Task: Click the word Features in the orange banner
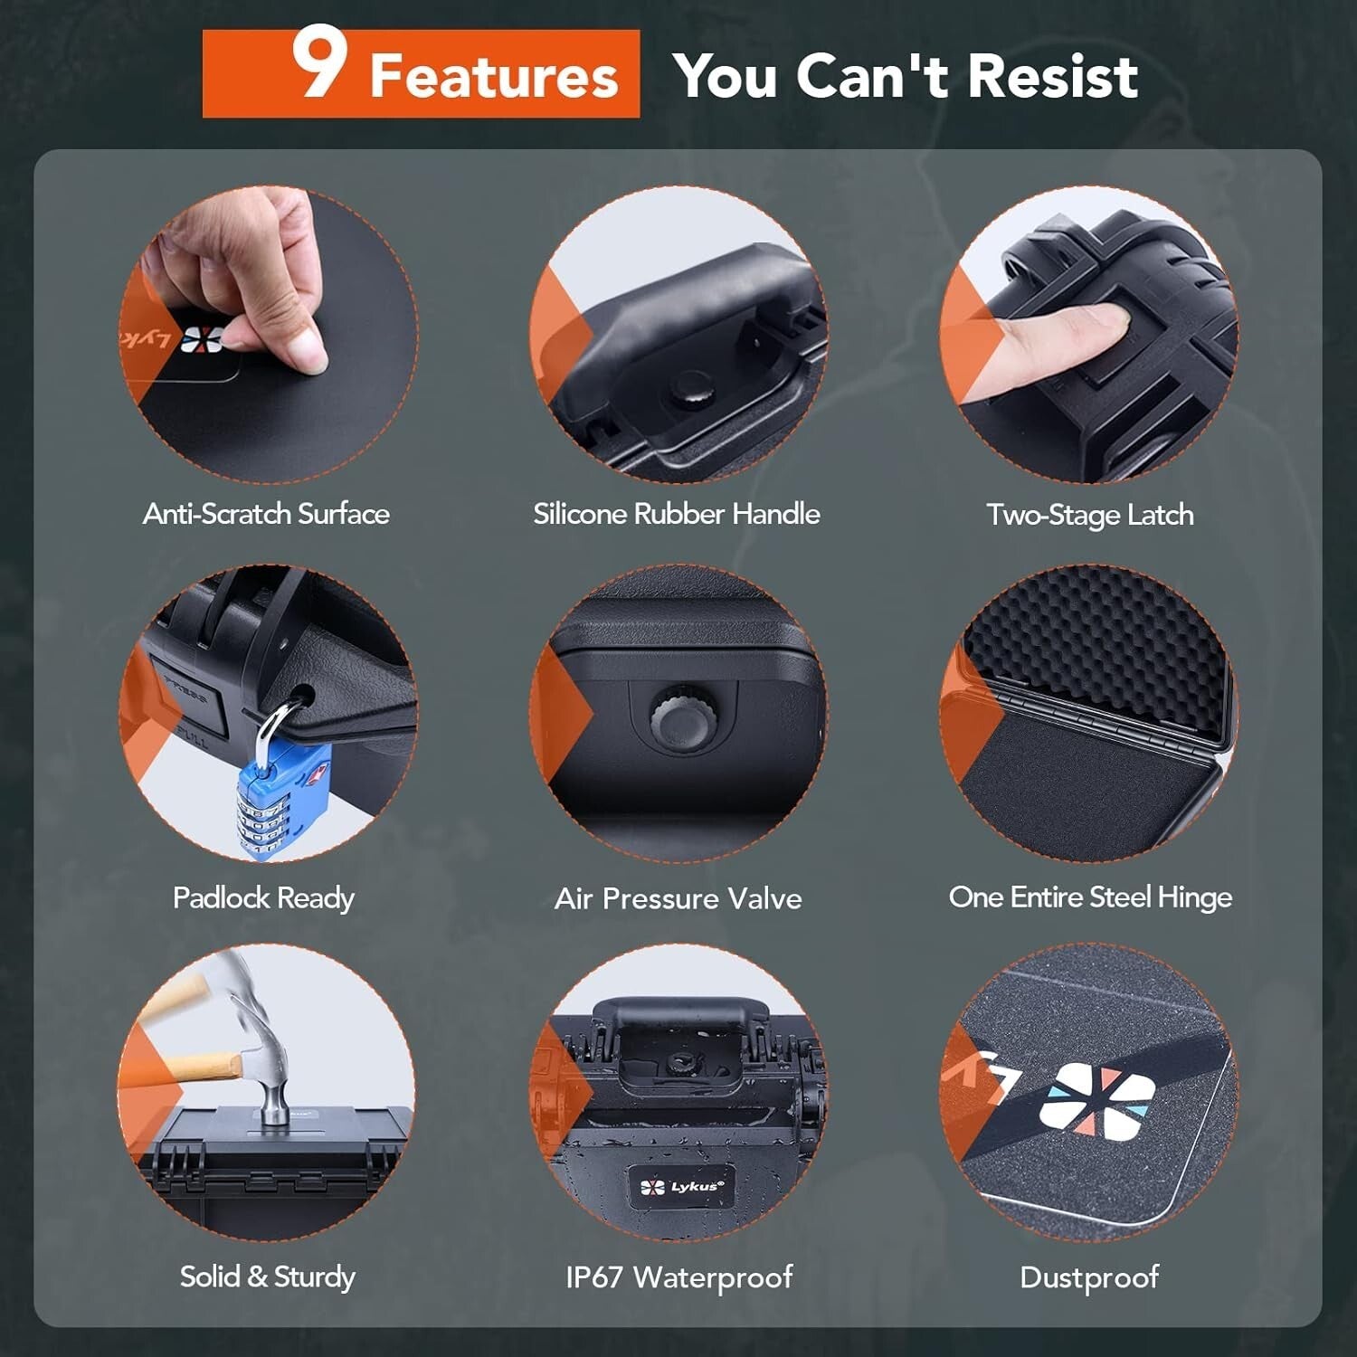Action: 493,76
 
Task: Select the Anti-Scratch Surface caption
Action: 266,514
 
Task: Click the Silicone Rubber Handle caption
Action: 677,514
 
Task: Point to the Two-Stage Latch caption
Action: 1089,515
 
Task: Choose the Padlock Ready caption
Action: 263,897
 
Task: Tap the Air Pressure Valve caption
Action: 678,898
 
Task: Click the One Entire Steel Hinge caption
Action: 1090,897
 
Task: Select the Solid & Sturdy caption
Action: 267,1276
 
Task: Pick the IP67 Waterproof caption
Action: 678,1276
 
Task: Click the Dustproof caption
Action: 1089,1276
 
